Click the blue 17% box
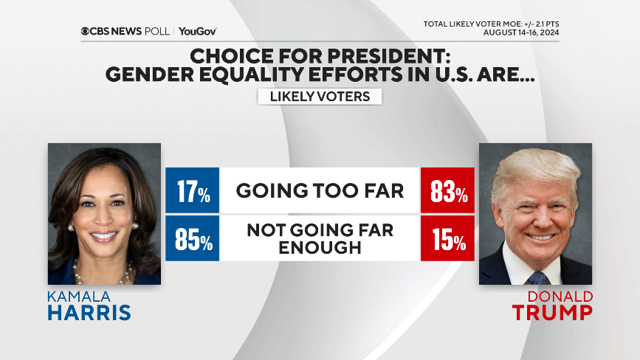[x=192, y=191]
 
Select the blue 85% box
[x=192, y=238]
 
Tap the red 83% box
[x=447, y=191]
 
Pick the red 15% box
[x=447, y=238]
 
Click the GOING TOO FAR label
[x=320, y=191]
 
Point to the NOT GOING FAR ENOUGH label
[x=320, y=238]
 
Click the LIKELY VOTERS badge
[x=320, y=97]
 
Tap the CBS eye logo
[x=86, y=31]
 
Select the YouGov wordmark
[x=197, y=31]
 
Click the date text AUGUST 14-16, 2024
[x=521, y=32]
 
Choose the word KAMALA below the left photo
[x=80, y=296]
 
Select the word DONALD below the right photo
[x=559, y=296]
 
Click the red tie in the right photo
[x=537, y=277]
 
